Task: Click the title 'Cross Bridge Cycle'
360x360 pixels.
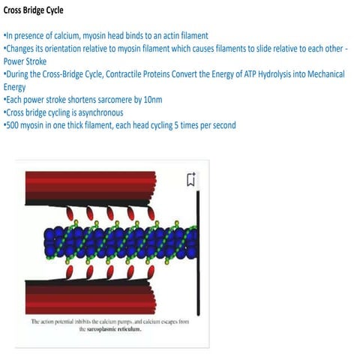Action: (33, 10)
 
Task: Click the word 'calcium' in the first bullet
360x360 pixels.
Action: (67, 36)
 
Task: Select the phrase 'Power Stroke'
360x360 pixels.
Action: (25, 61)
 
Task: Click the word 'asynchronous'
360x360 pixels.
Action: (100, 112)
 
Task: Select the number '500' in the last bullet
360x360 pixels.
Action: (12, 125)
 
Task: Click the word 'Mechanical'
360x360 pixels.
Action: (326, 74)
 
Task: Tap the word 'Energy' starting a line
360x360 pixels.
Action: (14, 87)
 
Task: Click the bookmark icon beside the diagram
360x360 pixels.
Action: (191, 179)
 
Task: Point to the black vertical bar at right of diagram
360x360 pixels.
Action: (198, 253)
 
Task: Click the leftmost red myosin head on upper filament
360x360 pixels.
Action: (70, 214)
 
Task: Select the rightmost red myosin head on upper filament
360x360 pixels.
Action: (151, 213)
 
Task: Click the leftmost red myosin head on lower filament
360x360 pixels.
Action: (70, 272)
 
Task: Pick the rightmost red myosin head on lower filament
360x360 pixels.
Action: (151, 272)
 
